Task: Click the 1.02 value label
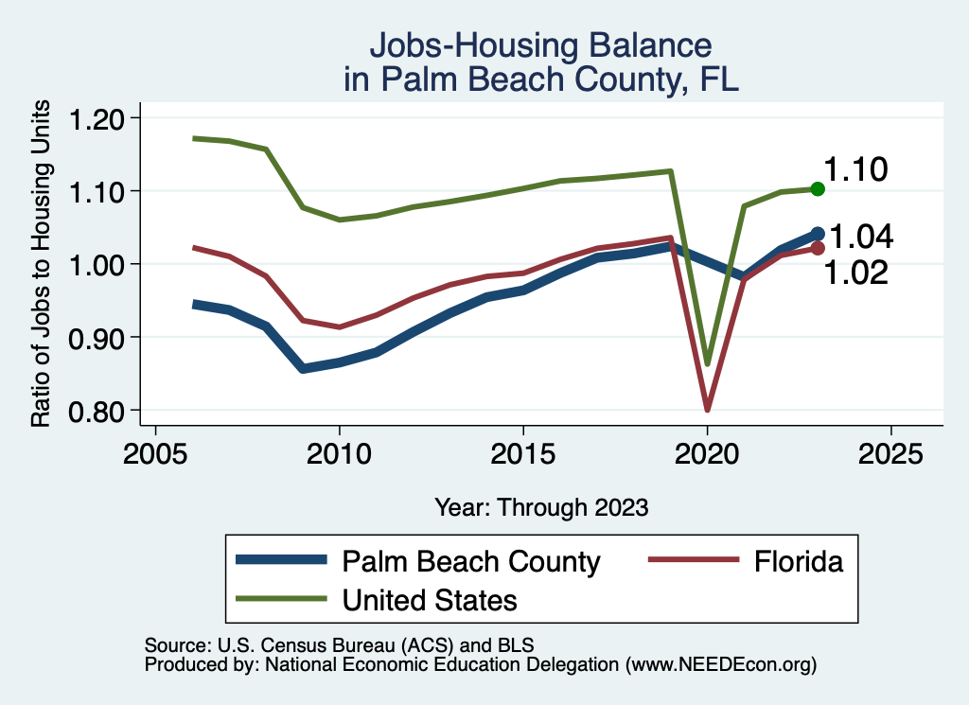(x=855, y=273)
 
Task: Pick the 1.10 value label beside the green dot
(x=854, y=170)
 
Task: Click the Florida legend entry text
(x=799, y=562)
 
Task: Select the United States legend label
(x=430, y=600)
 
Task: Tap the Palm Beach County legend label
(x=470, y=562)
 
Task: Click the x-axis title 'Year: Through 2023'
(x=541, y=507)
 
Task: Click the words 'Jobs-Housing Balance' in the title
(x=540, y=45)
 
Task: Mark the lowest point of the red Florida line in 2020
(x=707, y=409)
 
